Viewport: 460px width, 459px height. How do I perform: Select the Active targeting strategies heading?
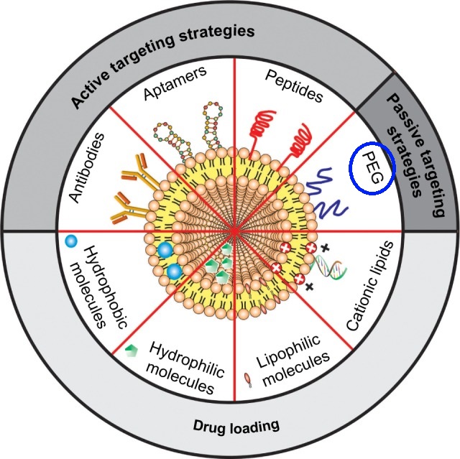click(164, 62)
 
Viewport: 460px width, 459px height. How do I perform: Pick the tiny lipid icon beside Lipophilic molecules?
click(248, 377)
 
